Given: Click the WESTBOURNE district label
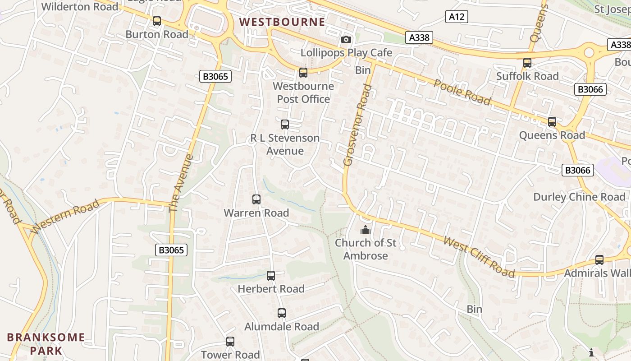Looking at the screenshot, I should (x=282, y=22).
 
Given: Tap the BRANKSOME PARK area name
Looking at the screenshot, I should (x=46, y=343).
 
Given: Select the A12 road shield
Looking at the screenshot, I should (x=457, y=17).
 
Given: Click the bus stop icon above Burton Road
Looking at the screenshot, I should (x=157, y=21).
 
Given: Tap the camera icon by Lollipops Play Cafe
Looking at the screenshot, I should (x=346, y=40).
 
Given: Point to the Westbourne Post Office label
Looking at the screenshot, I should (x=303, y=93).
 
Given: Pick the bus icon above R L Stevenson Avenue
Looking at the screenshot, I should (x=285, y=125).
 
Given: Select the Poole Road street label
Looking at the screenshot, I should (x=462, y=92).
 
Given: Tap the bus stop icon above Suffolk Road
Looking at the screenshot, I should (x=527, y=63).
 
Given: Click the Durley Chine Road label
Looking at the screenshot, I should (x=579, y=197).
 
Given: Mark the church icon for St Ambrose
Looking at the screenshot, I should (x=365, y=230).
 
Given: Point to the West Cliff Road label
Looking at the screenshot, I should (x=479, y=256).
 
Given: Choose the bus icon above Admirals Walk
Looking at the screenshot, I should (x=599, y=260).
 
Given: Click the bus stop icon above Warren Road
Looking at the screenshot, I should (x=256, y=199).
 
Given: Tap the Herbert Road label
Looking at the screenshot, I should (x=271, y=289).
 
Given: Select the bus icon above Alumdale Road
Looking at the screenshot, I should (x=282, y=313).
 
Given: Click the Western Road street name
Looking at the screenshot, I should (x=65, y=217).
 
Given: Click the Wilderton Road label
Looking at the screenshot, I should (x=80, y=7).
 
